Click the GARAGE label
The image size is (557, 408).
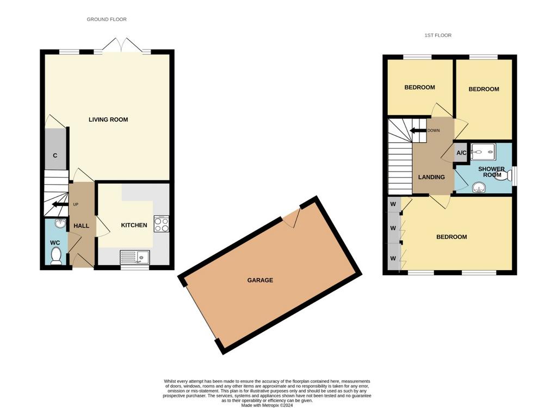260,281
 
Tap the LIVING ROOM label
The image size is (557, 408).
108,119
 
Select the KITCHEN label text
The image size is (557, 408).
134,225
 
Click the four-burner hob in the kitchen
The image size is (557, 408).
161,224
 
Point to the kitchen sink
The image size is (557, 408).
135,257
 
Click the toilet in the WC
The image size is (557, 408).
56,256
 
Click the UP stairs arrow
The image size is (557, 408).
60,204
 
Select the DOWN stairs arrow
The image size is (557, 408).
418,131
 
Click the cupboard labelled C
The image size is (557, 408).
55,149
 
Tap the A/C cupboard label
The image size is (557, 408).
461,153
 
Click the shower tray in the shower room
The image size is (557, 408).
483,152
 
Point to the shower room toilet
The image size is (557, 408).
503,175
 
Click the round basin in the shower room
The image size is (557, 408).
479,187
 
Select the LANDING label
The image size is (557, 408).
431,177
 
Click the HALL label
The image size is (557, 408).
82,226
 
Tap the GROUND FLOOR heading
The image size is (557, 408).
107,20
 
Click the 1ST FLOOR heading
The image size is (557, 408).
438,35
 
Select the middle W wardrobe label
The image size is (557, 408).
393,228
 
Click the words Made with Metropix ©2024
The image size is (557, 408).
267,405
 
